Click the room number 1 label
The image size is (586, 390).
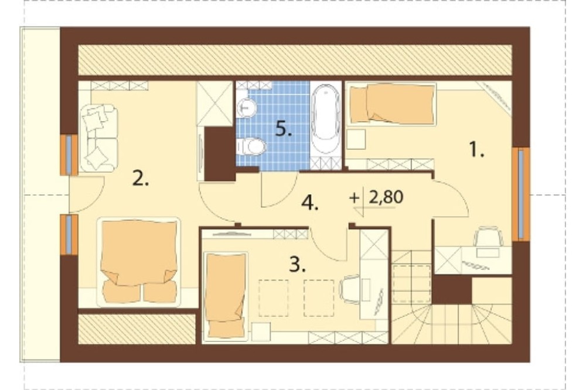click(x=476, y=150)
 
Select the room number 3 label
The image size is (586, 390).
click(x=298, y=265)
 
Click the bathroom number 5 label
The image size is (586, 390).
click(x=284, y=129)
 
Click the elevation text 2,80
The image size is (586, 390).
click(x=386, y=197)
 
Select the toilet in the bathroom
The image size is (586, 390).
click(x=251, y=146)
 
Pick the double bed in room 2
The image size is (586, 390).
click(x=139, y=262)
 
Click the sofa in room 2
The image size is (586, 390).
click(x=98, y=138)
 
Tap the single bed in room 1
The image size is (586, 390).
click(x=391, y=104)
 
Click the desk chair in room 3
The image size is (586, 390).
click(x=350, y=289)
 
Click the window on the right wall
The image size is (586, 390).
click(x=521, y=194)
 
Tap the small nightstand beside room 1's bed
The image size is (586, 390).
click(x=356, y=139)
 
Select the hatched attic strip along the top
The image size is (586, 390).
click(x=295, y=60)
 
